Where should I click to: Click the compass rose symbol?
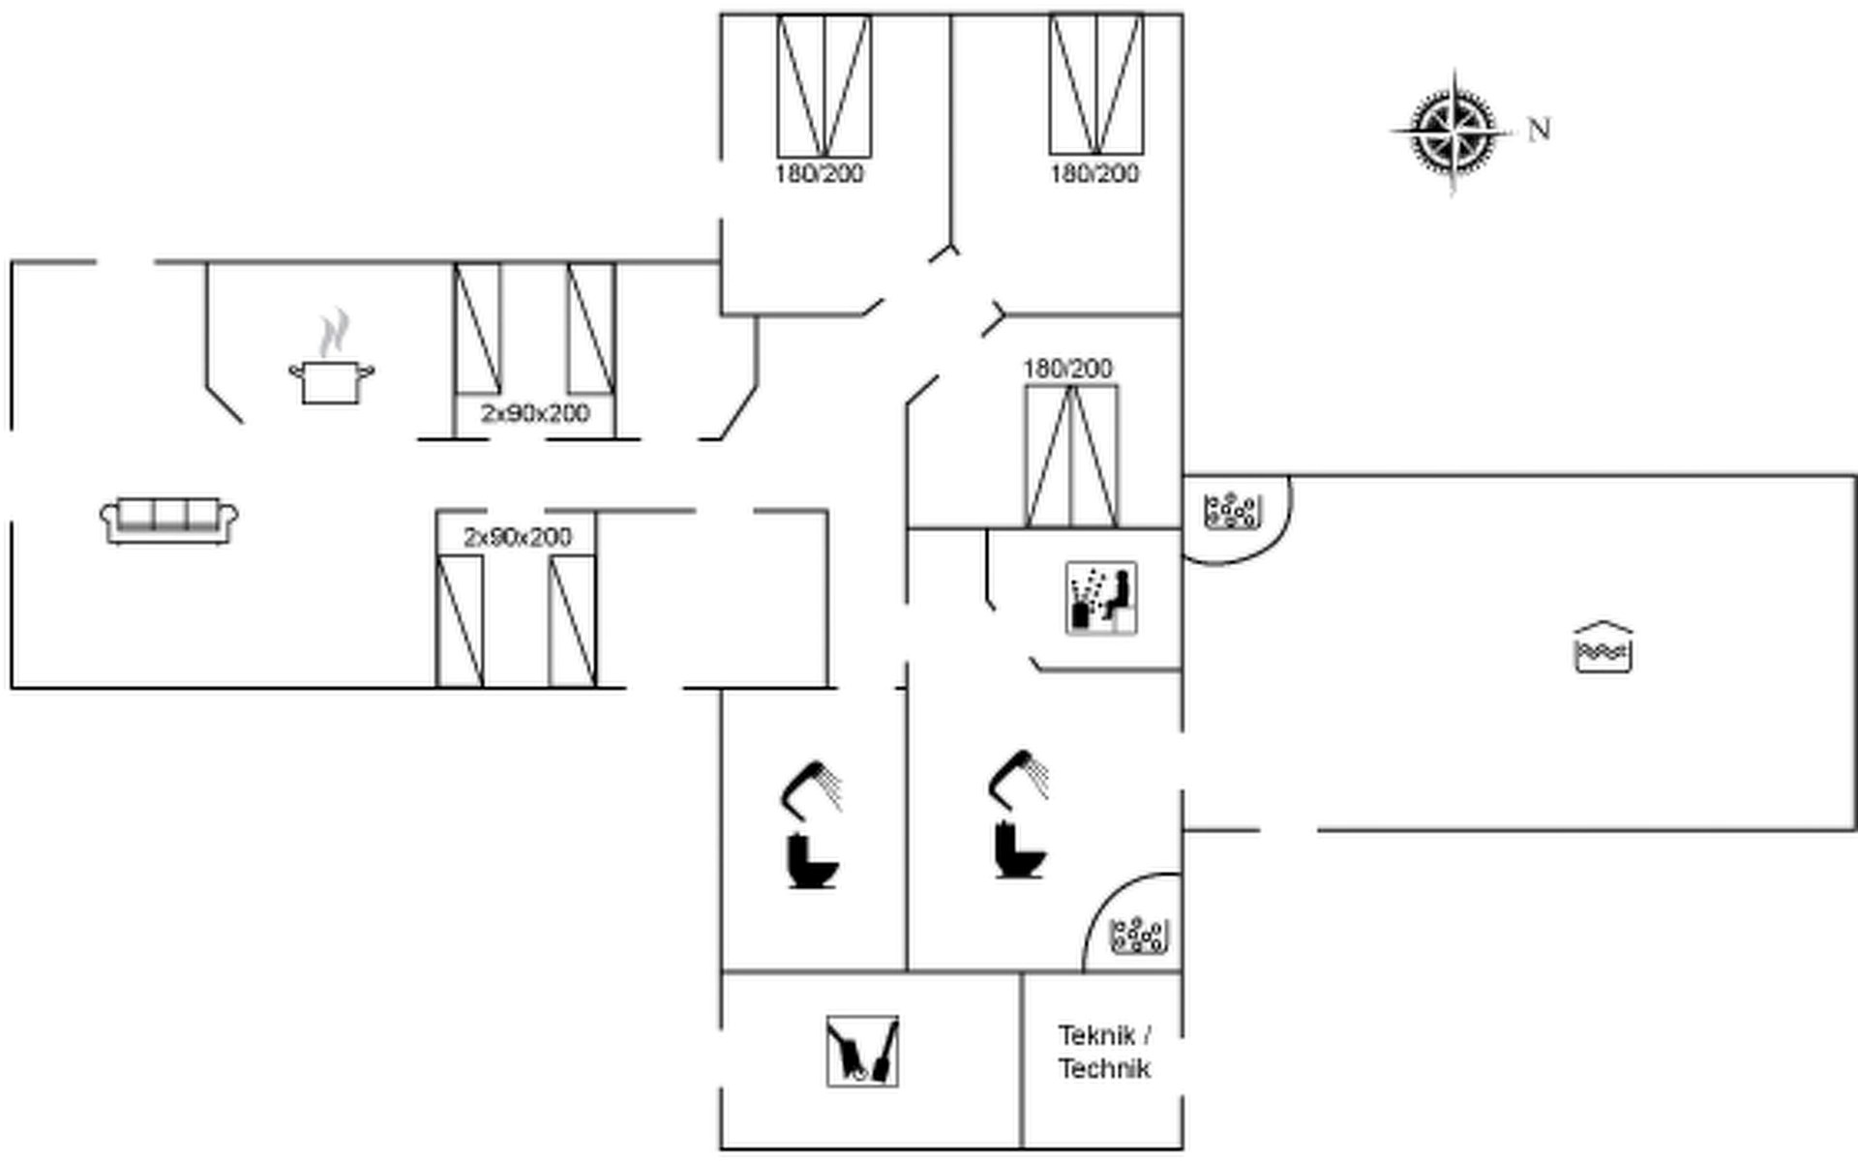[x=1453, y=131]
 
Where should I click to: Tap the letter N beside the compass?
[x=1539, y=129]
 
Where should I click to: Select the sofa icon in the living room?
[x=169, y=521]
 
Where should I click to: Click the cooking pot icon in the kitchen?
[x=332, y=381]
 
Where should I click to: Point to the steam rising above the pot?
[x=335, y=332]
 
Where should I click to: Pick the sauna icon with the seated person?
[x=1101, y=598]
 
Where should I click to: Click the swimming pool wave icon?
[x=1603, y=647]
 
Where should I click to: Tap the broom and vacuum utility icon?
[x=862, y=1051]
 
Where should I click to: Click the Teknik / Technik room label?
[x=1104, y=1052]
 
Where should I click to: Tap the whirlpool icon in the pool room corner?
[x=1232, y=511]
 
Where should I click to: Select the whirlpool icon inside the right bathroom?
[x=1140, y=936]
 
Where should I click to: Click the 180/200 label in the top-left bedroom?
[x=819, y=174]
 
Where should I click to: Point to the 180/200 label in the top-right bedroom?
[x=1094, y=174]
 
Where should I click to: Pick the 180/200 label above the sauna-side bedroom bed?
[x=1067, y=369]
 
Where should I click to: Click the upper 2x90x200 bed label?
[x=535, y=413]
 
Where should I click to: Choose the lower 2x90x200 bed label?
[x=518, y=537]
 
